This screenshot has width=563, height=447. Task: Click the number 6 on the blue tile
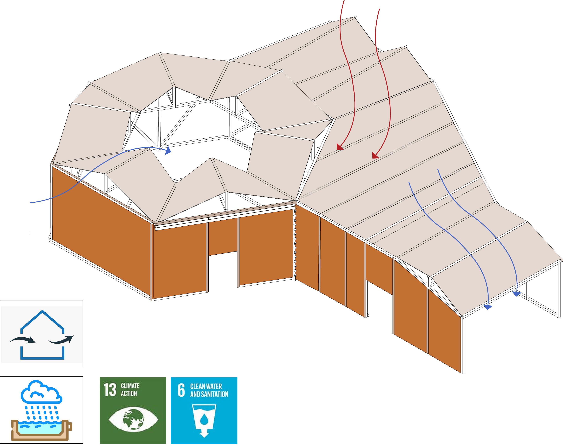(x=181, y=390)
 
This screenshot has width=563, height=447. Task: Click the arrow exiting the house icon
(x=62, y=340)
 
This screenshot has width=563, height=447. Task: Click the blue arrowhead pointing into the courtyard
(x=168, y=151)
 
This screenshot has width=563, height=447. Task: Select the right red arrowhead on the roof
(x=375, y=156)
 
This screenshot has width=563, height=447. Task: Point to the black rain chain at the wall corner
(x=295, y=243)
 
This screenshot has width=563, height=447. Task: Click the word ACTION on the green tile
(x=129, y=393)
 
